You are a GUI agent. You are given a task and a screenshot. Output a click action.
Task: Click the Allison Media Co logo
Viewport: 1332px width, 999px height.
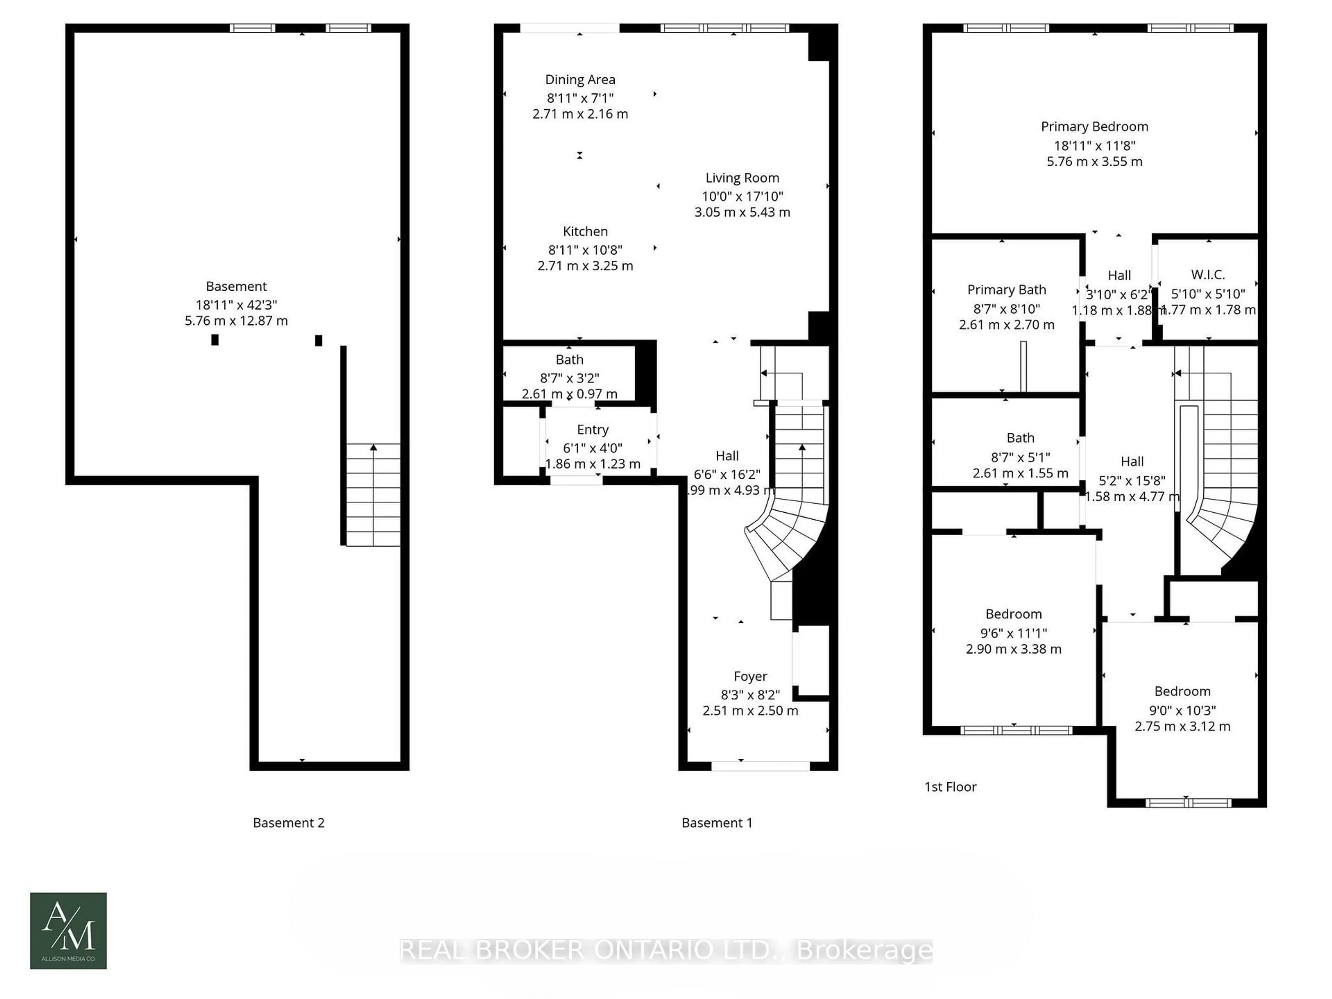[x=68, y=930]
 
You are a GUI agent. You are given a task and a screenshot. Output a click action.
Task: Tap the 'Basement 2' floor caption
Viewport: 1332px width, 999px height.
[x=289, y=822]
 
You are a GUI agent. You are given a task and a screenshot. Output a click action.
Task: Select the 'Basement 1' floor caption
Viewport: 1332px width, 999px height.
[x=717, y=822]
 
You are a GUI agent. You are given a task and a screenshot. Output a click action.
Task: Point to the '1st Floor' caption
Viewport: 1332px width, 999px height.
[x=950, y=786]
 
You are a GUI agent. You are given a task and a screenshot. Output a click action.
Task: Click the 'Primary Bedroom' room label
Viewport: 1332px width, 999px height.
[x=1094, y=127]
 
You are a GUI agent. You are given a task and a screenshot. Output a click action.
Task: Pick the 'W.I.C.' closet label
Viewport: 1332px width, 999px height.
[x=1207, y=275]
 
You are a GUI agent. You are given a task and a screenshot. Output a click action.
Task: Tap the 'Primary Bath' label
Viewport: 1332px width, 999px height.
[x=1006, y=290]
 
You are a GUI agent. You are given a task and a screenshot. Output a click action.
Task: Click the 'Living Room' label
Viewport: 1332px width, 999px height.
[x=742, y=178]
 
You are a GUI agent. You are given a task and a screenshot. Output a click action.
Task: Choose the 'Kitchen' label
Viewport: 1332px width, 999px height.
[x=585, y=231]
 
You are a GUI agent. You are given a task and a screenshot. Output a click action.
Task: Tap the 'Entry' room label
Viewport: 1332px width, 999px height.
[x=592, y=429]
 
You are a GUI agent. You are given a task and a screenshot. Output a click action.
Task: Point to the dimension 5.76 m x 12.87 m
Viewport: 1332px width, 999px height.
[x=236, y=321]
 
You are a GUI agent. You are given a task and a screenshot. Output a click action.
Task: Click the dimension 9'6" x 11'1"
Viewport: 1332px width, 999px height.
[x=1014, y=633]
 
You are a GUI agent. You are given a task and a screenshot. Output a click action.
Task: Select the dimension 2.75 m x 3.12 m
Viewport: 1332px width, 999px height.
[x=1182, y=726]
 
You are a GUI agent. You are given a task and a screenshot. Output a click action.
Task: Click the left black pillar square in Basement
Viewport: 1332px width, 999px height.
[x=214, y=340]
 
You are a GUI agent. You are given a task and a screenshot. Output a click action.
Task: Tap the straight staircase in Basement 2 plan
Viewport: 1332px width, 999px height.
[x=373, y=495]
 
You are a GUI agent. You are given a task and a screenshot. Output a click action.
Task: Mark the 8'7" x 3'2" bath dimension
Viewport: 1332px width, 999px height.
[x=569, y=378]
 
